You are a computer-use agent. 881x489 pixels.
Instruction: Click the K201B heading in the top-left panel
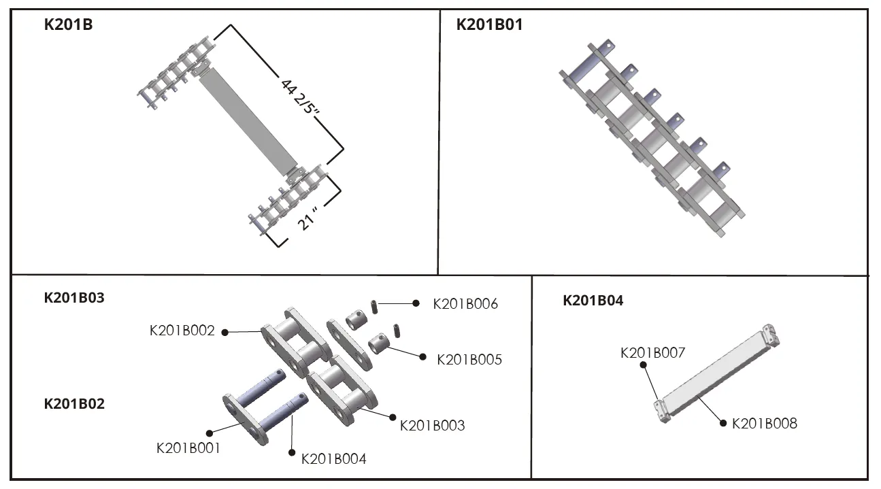[x=68, y=25]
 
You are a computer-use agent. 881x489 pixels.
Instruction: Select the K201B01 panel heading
[x=489, y=25]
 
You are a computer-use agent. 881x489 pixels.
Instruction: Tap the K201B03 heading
[x=74, y=297]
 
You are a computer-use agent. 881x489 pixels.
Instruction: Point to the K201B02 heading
[x=74, y=403]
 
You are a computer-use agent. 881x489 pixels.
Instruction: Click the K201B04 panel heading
[x=593, y=301]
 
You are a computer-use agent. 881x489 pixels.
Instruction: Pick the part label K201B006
[x=465, y=304]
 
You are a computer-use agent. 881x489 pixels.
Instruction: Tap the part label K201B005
[x=469, y=359]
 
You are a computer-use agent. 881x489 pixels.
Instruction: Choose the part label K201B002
[x=182, y=331]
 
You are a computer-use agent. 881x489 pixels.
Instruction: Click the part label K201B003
[x=432, y=426]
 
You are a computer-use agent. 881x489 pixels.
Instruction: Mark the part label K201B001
[x=188, y=448]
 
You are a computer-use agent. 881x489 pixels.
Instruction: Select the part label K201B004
[x=333, y=459]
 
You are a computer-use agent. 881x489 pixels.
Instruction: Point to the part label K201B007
[x=652, y=352]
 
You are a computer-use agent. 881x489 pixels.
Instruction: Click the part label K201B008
[x=764, y=424]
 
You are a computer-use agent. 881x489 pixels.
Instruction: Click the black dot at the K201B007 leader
[x=642, y=365]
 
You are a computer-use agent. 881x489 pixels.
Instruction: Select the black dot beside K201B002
[x=225, y=332]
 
